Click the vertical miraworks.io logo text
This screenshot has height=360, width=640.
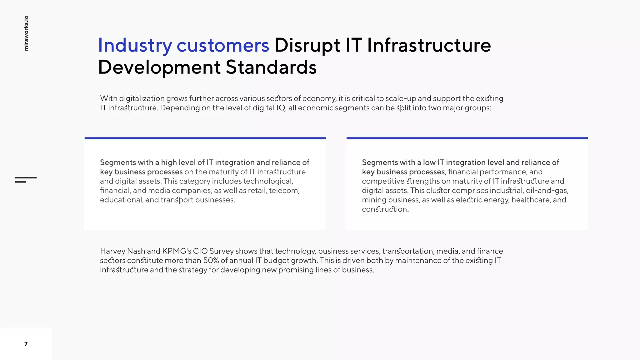point(26,33)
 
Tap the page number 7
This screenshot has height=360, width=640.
point(26,344)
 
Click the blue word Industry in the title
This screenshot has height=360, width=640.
point(135,46)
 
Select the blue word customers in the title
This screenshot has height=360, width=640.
point(222,46)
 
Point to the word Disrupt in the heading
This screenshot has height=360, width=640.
point(307,46)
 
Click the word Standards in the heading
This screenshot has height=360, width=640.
point(271,67)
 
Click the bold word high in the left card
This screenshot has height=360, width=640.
point(169,162)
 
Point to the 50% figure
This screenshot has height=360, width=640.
point(211,261)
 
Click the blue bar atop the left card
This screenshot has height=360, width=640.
point(205,138)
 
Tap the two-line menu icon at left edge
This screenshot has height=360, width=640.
point(26,180)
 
